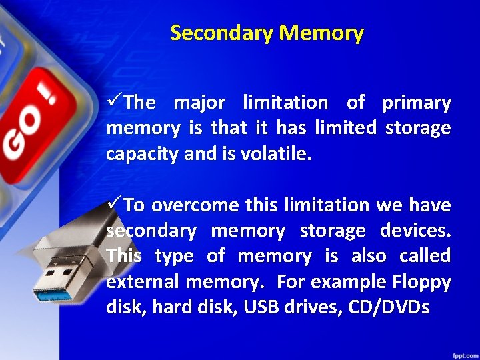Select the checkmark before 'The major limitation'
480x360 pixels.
pyautogui.click(x=114, y=102)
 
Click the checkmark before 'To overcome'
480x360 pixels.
pyautogui.click(x=114, y=204)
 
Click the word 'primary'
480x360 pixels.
pyautogui.click(x=416, y=103)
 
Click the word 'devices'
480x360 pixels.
pyautogui.click(x=415, y=231)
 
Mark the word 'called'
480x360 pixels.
pyautogui.click(x=425, y=256)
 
